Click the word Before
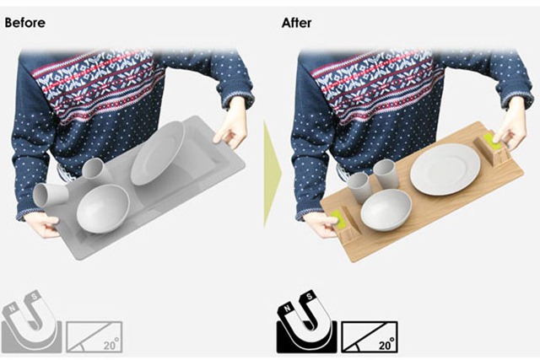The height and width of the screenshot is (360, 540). (25, 23)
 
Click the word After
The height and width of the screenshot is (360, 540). (296, 23)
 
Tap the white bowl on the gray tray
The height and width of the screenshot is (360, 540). (103, 209)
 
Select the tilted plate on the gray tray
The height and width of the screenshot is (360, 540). (158, 153)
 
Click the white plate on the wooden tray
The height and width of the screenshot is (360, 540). (445, 169)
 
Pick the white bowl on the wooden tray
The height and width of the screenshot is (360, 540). (386, 209)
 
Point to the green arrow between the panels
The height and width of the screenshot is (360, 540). (273, 173)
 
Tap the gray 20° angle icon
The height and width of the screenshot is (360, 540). (94, 337)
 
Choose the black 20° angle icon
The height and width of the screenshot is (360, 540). (370, 337)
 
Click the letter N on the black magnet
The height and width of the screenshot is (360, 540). (287, 309)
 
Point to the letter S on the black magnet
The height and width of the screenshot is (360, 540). (310, 296)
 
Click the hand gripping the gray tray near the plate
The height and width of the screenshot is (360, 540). (230, 124)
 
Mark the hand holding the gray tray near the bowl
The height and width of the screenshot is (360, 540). (43, 224)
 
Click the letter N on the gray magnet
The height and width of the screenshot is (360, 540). (13, 309)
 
